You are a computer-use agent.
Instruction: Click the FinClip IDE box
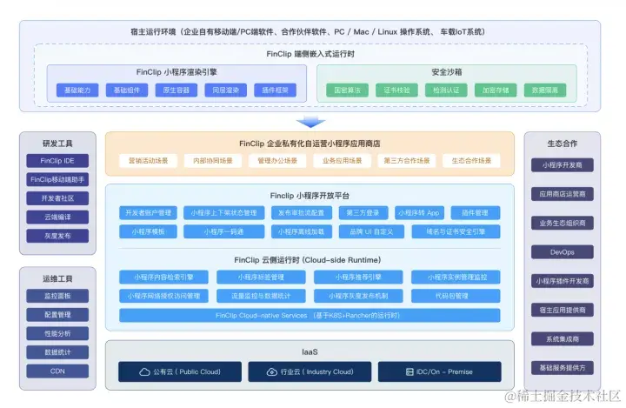[57, 161]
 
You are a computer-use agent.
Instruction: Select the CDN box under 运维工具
[57, 371]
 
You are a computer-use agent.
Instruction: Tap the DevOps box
[562, 252]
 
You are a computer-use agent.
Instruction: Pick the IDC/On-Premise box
[439, 371]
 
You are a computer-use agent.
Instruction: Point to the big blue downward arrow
[310, 122]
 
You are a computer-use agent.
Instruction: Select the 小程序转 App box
[418, 212]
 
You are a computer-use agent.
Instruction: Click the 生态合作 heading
[562, 144]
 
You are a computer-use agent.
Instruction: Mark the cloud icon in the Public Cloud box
[144, 371]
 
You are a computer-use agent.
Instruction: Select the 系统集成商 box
[562, 338]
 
